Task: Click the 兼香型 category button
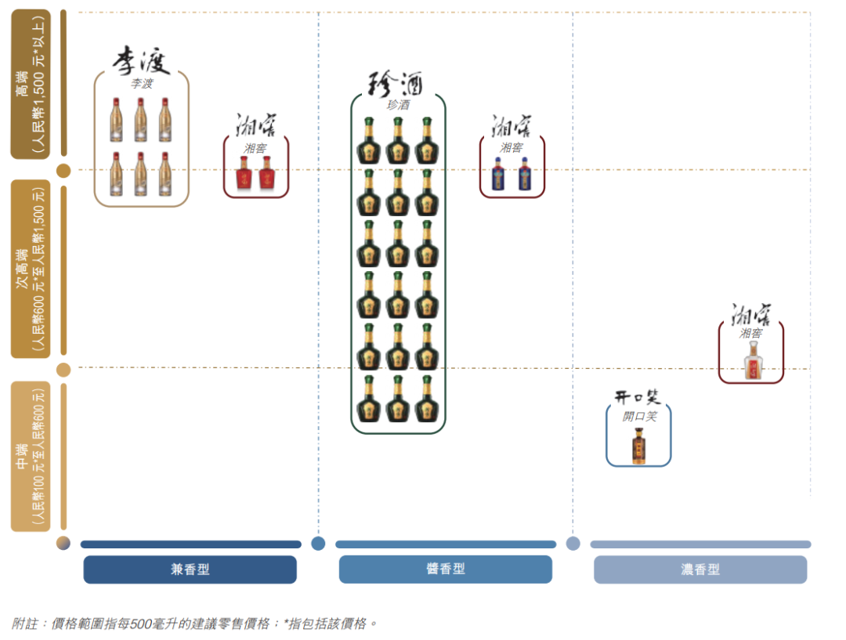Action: pyautogui.click(x=190, y=569)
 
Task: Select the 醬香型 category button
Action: pyautogui.click(x=445, y=569)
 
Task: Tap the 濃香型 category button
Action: pyautogui.click(x=700, y=569)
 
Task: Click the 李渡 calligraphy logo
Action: pyautogui.click(x=141, y=60)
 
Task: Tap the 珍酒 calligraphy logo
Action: pyautogui.click(x=396, y=84)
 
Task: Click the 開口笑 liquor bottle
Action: pyautogui.click(x=639, y=446)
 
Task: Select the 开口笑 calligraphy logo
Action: pyautogui.click(x=637, y=398)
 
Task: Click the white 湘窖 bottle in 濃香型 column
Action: pyautogui.click(x=753, y=360)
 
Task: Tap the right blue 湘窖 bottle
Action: pyautogui.click(x=524, y=174)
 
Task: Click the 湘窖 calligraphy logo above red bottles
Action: pyautogui.click(x=255, y=125)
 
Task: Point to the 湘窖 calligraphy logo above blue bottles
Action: pyautogui.click(x=512, y=126)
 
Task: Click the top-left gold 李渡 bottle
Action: pyautogui.click(x=116, y=120)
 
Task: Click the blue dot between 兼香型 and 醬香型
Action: pyautogui.click(x=318, y=544)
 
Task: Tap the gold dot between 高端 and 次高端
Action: pyautogui.click(x=63, y=171)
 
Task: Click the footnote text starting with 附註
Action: pyautogui.click(x=193, y=624)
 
